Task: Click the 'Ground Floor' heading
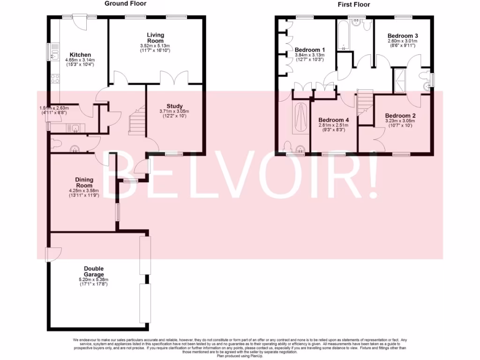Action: coord(125,4)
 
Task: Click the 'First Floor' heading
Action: coord(353,5)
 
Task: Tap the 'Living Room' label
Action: coord(155,38)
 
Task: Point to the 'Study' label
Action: coord(174,106)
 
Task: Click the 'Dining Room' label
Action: coord(84,182)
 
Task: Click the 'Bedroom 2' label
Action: coord(400,115)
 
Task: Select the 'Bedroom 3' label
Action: coord(403,36)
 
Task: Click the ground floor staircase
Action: coord(137,121)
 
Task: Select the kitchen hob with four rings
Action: coord(54,78)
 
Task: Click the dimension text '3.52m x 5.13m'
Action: coord(155,45)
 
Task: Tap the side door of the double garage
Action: coord(51,254)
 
